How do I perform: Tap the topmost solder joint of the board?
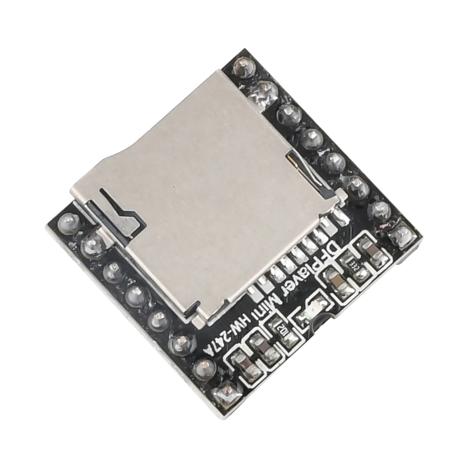[x=242, y=65]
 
